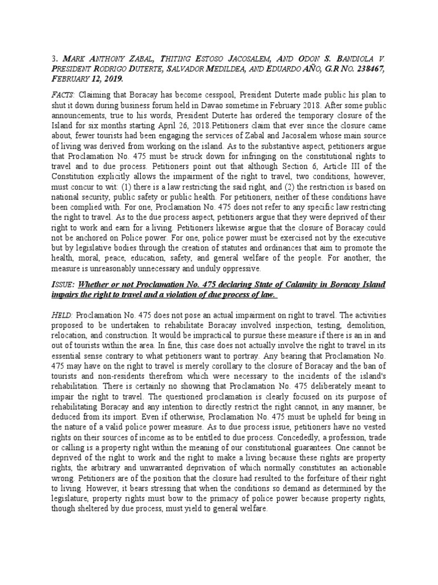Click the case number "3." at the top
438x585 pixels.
pos(55,58)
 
